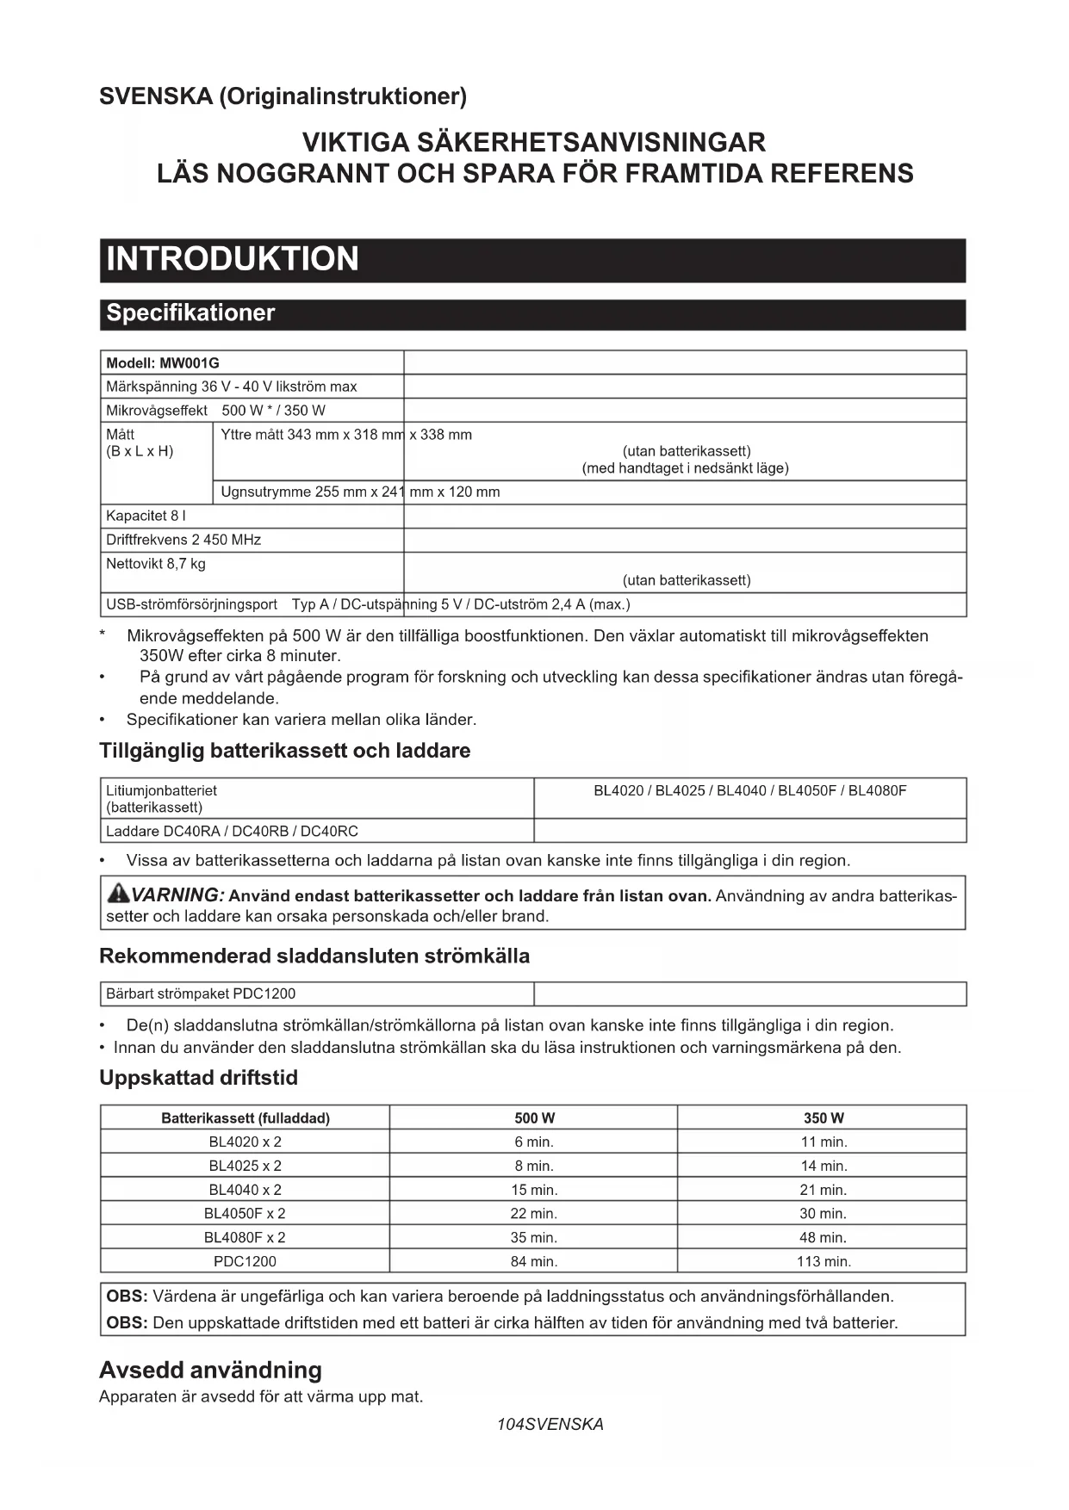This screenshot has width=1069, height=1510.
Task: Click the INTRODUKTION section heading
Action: click(233, 259)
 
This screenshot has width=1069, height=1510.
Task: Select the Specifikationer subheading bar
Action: click(190, 313)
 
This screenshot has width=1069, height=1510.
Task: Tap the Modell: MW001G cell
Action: click(163, 363)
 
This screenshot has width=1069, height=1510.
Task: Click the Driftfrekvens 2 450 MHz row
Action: click(183, 540)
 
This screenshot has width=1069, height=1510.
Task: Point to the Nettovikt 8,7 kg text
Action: click(156, 564)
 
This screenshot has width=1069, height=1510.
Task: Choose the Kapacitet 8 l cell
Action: click(146, 516)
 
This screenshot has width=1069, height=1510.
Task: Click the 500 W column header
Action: click(534, 1118)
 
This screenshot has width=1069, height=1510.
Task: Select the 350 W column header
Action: click(824, 1118)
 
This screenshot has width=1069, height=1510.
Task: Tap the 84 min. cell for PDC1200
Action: click(534, 1261)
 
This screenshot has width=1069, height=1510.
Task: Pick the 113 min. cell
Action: click(824, 1261)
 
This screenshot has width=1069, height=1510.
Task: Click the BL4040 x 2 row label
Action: click(245, 1190)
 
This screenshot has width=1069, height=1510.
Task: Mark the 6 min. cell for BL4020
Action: click(534, 1142)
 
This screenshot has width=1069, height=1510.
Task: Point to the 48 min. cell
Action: click(824, 1237)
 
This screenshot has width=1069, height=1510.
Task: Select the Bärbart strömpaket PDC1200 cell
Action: click(201, 993)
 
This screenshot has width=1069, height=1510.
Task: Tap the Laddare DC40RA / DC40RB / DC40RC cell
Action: click(232, 832)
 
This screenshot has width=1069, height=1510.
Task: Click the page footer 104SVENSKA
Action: click(550, 1424)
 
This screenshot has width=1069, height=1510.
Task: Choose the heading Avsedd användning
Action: click(210, 1370)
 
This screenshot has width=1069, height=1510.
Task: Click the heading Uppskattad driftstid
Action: click(198, 1078)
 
